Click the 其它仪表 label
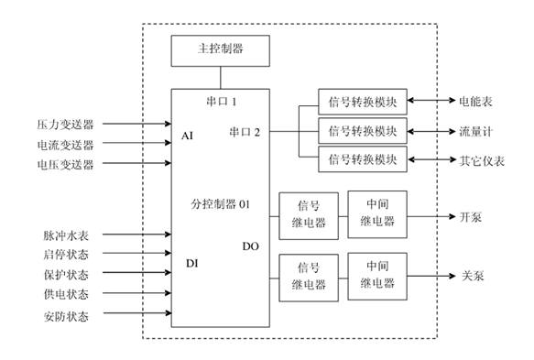480,159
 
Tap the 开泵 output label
470,217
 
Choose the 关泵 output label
470,276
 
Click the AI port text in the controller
188,136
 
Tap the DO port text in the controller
251,245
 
